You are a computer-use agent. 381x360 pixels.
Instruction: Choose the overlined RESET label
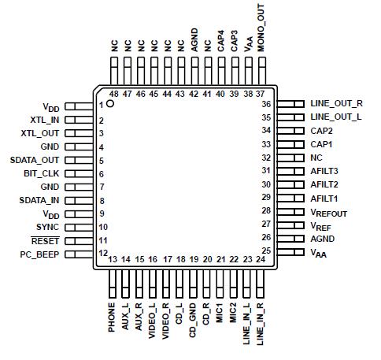(x=44, y=240)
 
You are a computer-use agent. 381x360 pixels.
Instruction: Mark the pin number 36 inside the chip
(x=266, y=104)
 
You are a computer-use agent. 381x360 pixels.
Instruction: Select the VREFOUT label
(x=329, y=213)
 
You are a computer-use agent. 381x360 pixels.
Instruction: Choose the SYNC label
(x=48, y=227)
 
